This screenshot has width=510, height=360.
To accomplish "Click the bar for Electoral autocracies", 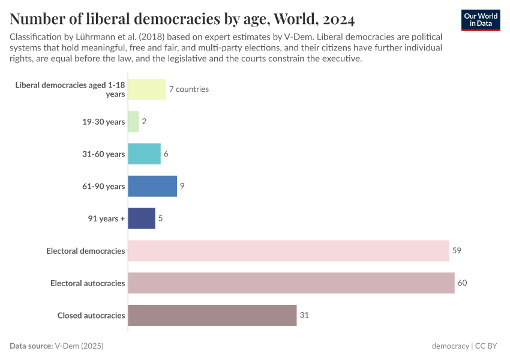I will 291,283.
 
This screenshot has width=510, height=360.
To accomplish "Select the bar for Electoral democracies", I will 289,251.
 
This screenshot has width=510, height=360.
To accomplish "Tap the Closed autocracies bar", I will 212,316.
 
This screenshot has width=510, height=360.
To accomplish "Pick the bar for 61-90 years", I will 152,186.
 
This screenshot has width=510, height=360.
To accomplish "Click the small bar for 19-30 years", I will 133,122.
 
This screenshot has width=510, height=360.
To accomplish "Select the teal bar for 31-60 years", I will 144,154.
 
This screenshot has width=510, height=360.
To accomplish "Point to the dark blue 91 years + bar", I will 142,218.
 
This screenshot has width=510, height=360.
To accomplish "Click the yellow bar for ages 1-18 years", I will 147,89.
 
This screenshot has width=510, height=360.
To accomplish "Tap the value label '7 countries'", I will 188,89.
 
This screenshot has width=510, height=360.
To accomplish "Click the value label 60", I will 462,283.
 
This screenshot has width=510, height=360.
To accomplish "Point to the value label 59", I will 457,251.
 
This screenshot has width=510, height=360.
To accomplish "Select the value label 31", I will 304,316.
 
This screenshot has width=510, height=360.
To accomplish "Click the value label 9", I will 182,186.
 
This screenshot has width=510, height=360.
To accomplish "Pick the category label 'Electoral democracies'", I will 86,251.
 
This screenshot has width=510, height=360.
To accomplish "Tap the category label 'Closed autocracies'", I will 91,316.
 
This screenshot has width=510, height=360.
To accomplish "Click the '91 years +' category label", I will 107,218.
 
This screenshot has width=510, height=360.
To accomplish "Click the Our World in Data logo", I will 481,20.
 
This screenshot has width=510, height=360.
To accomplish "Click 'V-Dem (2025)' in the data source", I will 83,346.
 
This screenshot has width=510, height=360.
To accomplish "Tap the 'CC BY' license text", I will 488,346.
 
